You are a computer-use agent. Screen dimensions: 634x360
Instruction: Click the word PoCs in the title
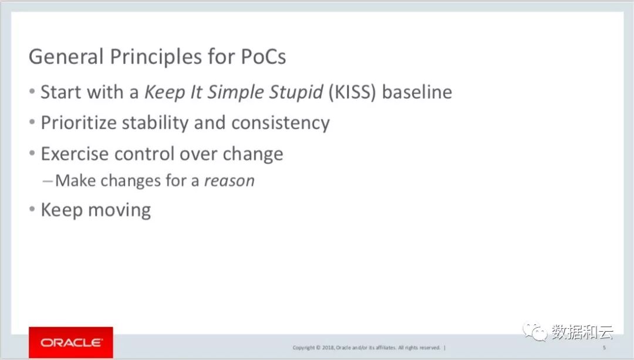point(263,56)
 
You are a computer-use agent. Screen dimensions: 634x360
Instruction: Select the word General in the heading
point(66,56)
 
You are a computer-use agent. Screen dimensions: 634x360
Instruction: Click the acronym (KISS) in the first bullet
point(352,92)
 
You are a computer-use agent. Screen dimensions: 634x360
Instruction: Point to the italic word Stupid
point(296,93)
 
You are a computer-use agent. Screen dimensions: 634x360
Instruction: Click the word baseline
point(417,92)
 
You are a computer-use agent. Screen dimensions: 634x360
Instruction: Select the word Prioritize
point(79,123)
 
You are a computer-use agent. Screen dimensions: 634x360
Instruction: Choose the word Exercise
point(75,154)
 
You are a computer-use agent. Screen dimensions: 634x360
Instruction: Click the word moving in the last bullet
point(119,210)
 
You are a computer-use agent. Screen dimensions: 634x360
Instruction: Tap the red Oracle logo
point(71,342)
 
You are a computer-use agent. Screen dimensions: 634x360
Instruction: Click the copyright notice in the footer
point(369,348)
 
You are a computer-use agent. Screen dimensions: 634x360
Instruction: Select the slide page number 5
point(605,348)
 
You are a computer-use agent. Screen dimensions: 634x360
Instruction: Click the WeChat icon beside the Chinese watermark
point(535,332)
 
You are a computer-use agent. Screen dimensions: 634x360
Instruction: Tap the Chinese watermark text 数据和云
point(582,332)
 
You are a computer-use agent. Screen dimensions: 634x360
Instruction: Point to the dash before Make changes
point(48,181)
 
